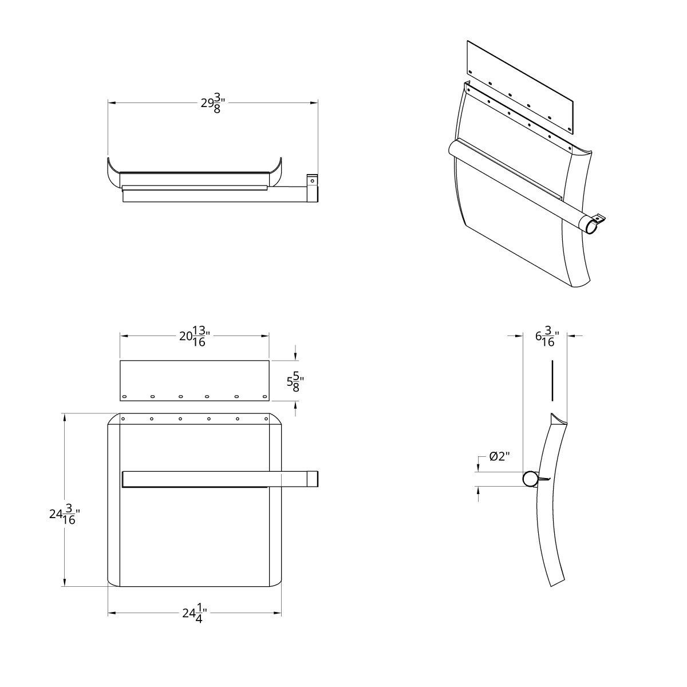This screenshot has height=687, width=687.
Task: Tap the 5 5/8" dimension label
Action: point(295,382)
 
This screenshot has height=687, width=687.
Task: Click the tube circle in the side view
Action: point(530,479)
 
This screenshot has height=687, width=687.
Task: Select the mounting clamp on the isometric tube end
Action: point(599,218)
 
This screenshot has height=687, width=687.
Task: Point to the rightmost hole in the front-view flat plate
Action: point(264,397)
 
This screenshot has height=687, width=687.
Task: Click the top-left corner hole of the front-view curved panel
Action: point(123,419)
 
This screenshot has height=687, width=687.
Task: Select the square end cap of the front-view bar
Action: point(311,479)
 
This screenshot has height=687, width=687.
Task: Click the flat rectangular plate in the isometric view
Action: point(521,86)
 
